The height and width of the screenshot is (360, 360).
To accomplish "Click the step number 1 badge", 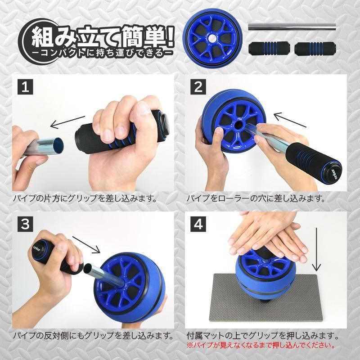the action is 25,87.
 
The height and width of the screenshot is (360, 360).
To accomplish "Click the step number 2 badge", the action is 198,87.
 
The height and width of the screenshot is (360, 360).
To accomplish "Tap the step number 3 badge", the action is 25,224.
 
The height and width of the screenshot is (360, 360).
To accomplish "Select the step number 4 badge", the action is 198,224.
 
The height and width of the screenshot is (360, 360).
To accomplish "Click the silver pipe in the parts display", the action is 292,27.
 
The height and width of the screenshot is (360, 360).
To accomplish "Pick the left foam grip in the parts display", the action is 269,49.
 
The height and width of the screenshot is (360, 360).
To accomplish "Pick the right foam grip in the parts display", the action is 315,49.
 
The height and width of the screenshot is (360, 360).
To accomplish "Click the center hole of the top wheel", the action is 212,39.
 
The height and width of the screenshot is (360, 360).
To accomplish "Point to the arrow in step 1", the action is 67,122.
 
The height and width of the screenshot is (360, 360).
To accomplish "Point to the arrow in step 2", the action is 290,120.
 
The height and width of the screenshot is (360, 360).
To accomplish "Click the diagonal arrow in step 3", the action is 86,245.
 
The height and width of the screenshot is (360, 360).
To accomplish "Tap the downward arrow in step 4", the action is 317,249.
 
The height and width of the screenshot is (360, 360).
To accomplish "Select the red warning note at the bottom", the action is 261,345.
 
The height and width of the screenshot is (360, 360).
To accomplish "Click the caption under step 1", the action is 85,198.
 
